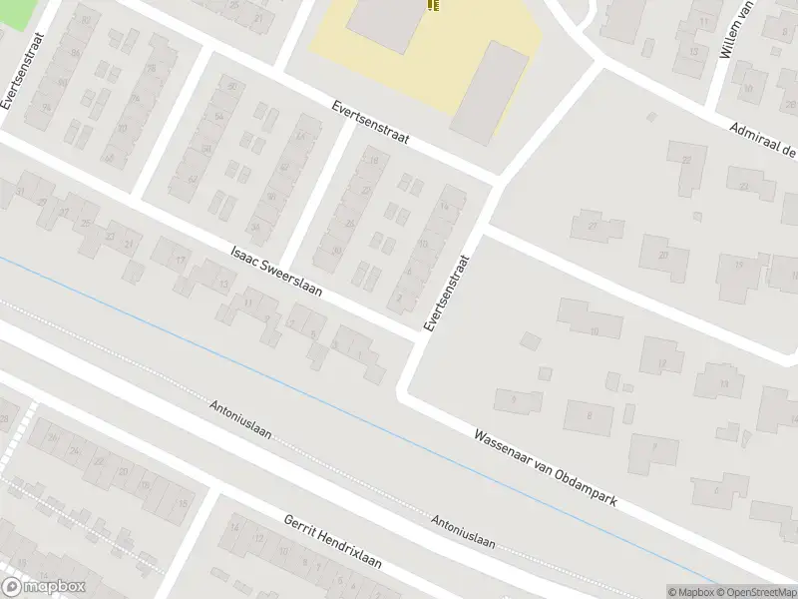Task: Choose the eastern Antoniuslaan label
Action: (464, 530)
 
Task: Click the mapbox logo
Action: (43, 587)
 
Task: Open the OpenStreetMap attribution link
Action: (755, 592)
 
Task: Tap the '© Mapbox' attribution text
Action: (690, 592)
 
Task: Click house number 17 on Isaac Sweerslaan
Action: (181, 261)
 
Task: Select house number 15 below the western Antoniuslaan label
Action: (183, 503)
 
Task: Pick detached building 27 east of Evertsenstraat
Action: (592, 226)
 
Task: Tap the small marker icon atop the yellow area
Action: (433, 6)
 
